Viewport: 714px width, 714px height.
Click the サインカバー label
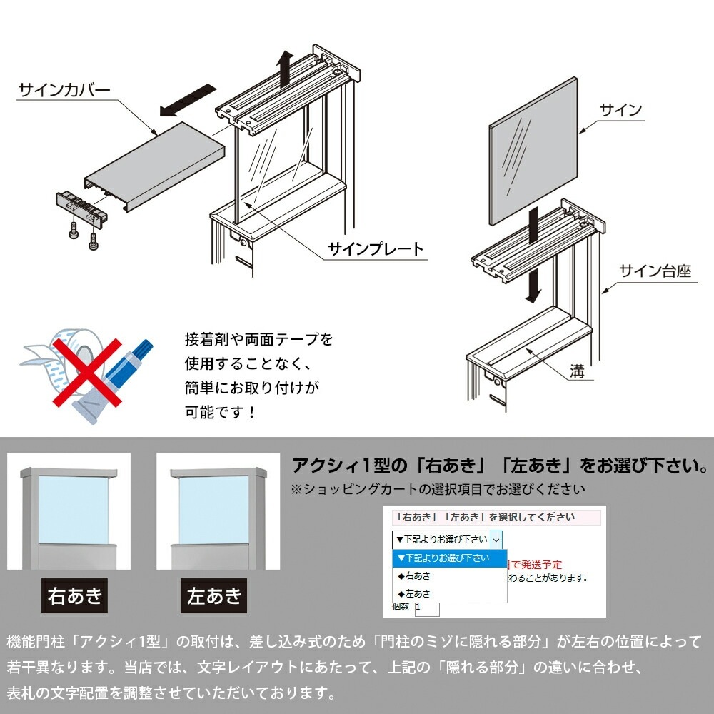click(x=64, y=91)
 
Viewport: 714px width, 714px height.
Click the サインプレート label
click(x=376, y=249)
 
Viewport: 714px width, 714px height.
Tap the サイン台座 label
click(x=655, y=271)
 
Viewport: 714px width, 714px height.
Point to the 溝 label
click(x=577, y=371)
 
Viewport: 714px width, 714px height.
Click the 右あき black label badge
click(x=74, y=596)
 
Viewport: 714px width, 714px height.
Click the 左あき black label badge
click(x=213, y=596)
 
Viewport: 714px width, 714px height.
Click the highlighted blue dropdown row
click(x=448, y=558)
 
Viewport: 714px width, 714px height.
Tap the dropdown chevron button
click(x=497, y=540)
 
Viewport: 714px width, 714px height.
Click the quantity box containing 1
click(x=426, y=608)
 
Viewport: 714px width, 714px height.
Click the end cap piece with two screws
click(x=81, y=207)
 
